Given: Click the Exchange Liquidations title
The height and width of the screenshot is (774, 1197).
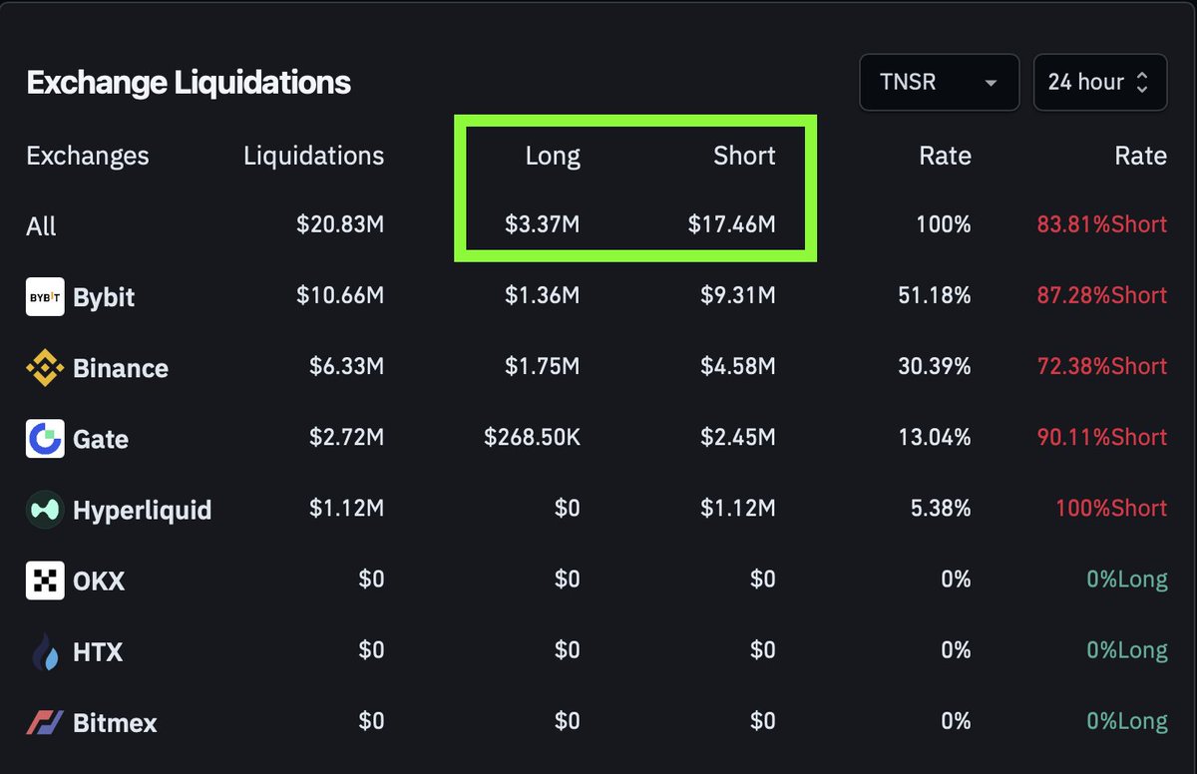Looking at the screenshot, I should (x=189, y=82).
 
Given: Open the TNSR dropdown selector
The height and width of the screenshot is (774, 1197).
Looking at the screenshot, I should (x=939, y=82).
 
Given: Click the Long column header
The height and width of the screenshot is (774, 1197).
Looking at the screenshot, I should (x=553, y=156).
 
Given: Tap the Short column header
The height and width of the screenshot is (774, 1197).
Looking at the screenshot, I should (x=744, y=156).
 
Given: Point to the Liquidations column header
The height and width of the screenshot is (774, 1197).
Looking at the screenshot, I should (x=313, y=156).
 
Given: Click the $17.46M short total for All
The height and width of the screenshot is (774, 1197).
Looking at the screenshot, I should (x=731, y=224).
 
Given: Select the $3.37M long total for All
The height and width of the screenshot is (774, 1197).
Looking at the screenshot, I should (x=542, y=224).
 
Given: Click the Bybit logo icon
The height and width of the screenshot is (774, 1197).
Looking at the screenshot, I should (x=45, y=297).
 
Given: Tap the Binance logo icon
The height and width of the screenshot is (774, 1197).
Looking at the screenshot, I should (x=45, y=368).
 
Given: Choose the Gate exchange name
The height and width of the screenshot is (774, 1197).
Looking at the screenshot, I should (x=101, y=439).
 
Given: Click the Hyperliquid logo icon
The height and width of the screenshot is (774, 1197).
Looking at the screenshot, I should (x=45, y=510).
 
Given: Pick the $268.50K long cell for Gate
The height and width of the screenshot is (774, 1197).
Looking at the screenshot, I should (x=532, y=438).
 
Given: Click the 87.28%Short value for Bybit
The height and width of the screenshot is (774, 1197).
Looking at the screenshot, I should (x=1101, y=295).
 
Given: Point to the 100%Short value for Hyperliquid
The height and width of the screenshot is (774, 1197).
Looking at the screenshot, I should (x=1110, y=509).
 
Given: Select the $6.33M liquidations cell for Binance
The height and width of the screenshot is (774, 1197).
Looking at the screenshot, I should (x=346, y=366).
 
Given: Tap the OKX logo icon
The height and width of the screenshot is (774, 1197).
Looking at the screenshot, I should (x=45, y=580).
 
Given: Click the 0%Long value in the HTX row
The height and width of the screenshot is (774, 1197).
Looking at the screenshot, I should (x=1127, y=650).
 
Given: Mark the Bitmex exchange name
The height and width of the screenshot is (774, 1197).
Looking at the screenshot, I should (x=115, y=723).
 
